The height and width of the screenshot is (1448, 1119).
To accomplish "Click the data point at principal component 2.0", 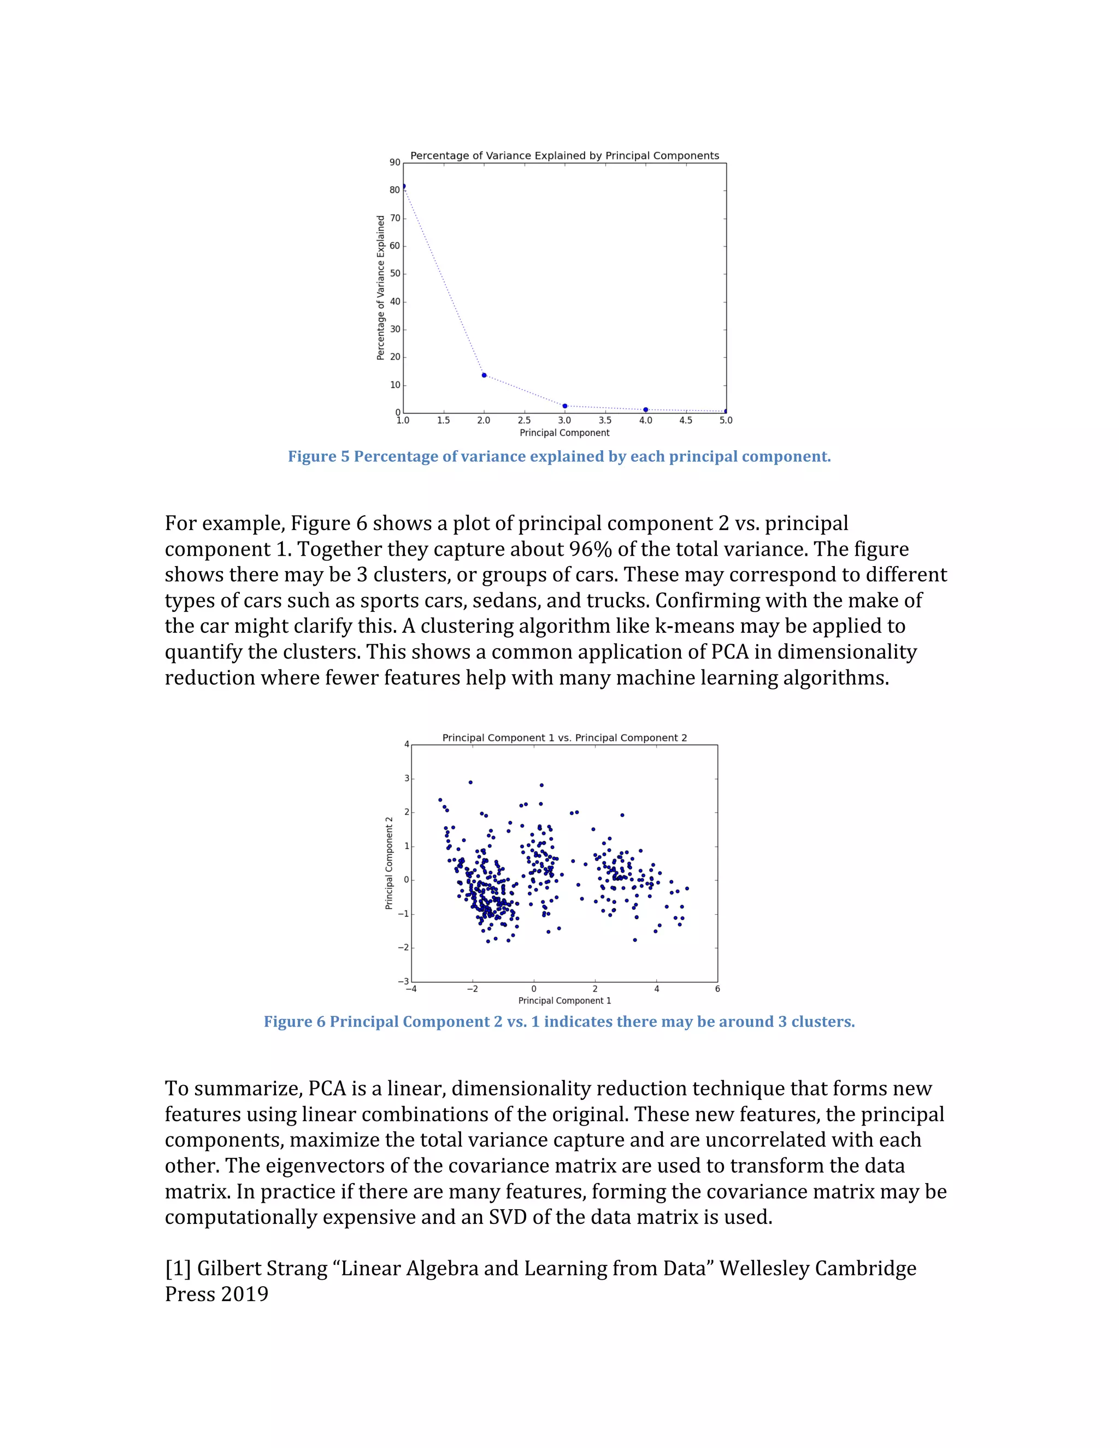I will click(484, 375).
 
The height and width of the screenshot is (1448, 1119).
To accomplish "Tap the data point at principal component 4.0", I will click(646, 410).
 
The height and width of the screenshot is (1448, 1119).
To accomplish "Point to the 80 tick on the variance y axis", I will click(395, 190).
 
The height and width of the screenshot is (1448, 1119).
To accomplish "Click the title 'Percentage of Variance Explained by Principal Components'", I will click(564, 156).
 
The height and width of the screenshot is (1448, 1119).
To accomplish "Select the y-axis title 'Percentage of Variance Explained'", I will click(380, 288).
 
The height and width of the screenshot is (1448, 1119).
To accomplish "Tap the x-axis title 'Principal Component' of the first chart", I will click(564, 433).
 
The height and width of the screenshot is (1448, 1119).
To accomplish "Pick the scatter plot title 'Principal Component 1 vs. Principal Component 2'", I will click(564, 738).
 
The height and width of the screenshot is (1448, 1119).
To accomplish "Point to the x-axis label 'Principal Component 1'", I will click(564, 1000).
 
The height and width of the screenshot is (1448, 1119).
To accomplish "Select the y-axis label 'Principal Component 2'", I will click(389, 863).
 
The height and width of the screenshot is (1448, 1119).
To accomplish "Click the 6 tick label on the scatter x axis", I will click(717, 988).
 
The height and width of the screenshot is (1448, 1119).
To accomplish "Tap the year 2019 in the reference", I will click(245, 1294).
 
